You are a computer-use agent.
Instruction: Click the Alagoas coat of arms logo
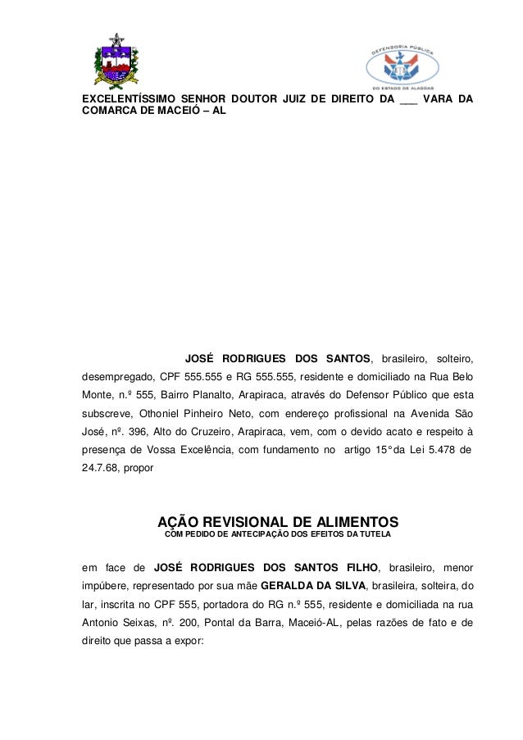pos(116,61)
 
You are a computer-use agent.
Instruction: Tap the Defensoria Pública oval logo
pos(402,65)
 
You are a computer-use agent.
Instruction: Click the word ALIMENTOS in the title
pos(355,522)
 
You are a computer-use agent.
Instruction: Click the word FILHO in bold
pos(358,567)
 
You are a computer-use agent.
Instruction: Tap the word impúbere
pos(105,586)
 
